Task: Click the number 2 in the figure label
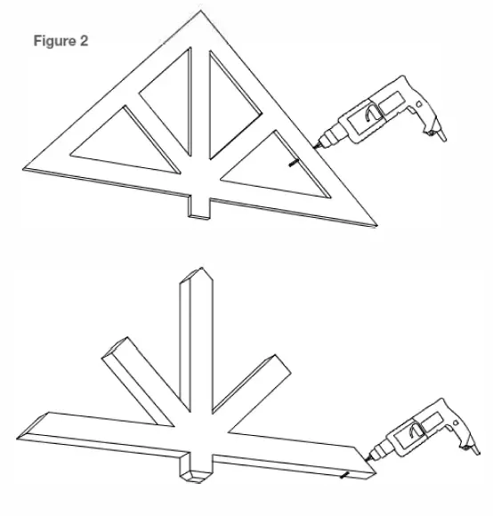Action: pyautogui.click(x=85, y=42)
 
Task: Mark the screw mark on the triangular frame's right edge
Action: pyautogui.click(x=289, y=165)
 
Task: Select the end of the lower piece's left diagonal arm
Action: pyautogui.click(x=116, y=347)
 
